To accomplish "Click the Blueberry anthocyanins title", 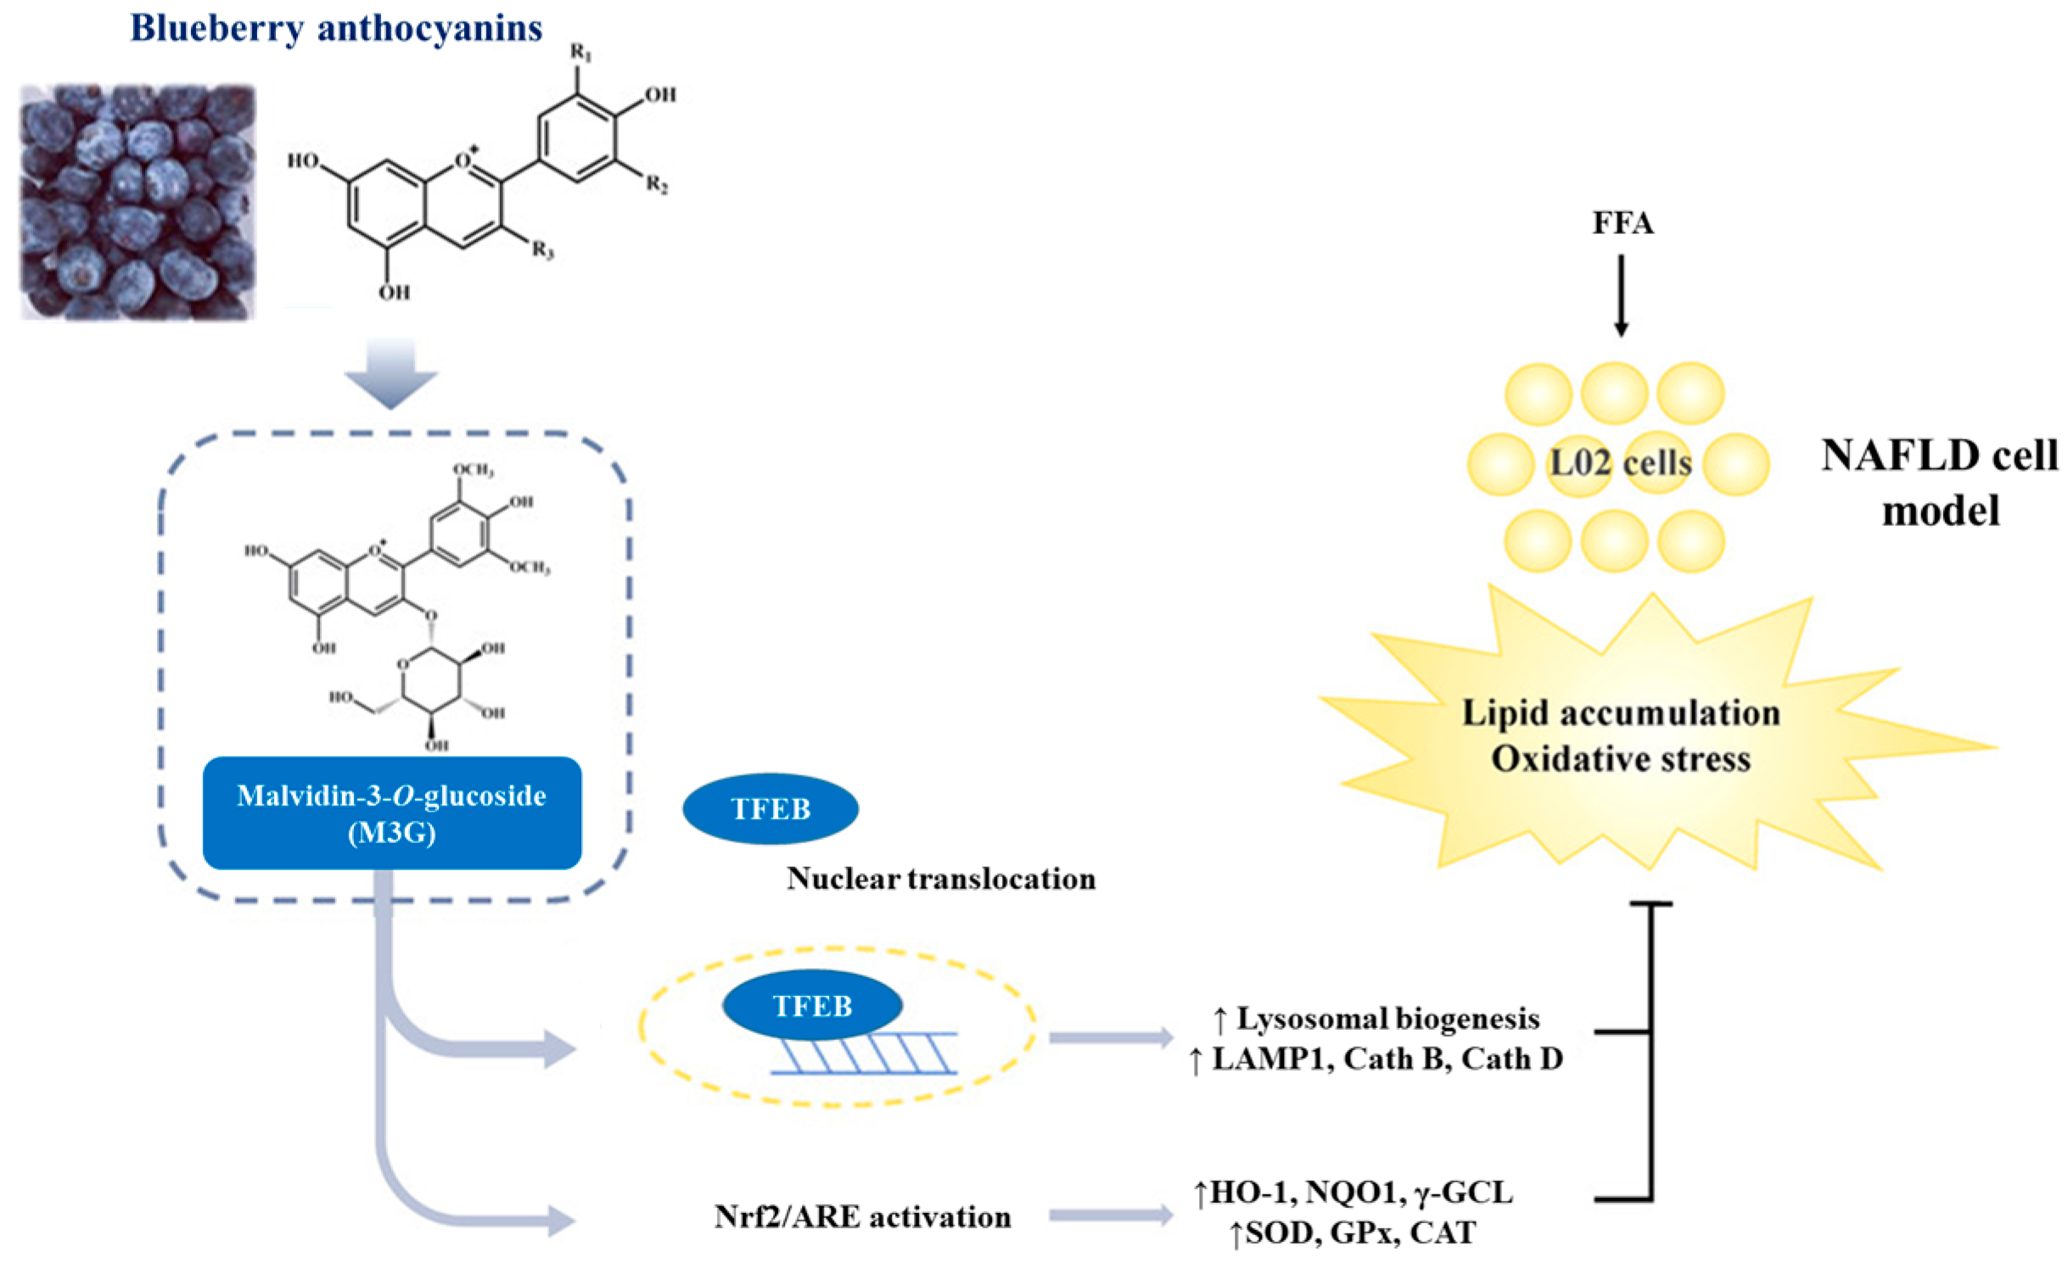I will click(x=336, y=29).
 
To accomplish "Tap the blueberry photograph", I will click(x=137, y=202).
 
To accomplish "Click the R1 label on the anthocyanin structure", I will click(x=581, y=53).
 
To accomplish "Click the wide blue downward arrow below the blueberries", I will click(x=391, y=373).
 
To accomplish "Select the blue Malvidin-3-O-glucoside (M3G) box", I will click(x=391, y=813).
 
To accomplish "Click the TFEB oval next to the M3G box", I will click(x=770, y=808).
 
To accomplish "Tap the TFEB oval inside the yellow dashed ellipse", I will click(x=811, y=1005).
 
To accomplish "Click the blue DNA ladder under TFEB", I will click(x=866, y=1054).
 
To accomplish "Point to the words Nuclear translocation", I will click(x=940, y=879).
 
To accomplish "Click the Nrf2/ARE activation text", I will click(x=862, y=1216).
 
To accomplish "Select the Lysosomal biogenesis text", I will click(x=1387, y=1018).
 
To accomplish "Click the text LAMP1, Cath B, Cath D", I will click(x=1387, y=1059).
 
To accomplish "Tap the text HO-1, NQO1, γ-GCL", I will click(x=1361, y=1192).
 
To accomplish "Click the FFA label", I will click(x=1622, y=223).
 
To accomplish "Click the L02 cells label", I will click(x=1620, y=463).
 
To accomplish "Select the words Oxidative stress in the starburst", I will click(x=1620, y=758).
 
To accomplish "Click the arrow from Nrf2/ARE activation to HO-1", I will click(x=1110, y=1216).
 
